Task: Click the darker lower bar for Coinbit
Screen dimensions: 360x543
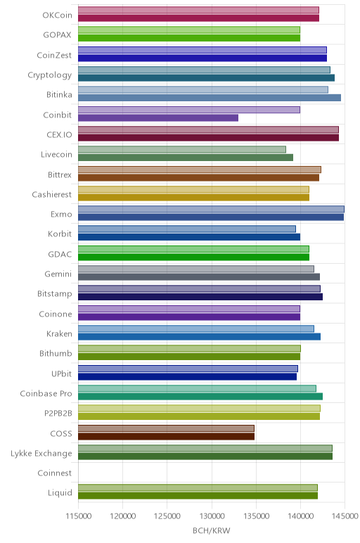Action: coord(158,117)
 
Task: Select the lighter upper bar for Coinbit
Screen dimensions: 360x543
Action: coord(189,110)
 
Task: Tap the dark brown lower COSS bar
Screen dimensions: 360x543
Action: coord(166,436)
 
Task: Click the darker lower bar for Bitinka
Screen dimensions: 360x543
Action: coord(210,98)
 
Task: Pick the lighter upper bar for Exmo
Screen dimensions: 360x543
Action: coord(211,209)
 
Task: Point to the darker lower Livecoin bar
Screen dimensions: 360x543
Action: coord(186,158)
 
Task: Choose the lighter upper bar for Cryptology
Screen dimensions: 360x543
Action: coord(204,70)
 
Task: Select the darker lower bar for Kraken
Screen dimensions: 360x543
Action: coord(200,337)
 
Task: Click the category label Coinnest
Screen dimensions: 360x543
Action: coord(55,473)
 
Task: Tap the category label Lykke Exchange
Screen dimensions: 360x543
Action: coord(41,453)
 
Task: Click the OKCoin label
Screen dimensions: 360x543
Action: coord(57,15)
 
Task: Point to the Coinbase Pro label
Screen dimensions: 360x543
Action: coord(46,394)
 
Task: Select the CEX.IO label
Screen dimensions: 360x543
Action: coord(59,135)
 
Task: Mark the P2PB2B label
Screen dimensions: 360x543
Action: coord(58,414)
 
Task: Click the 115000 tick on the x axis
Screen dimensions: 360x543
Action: coord(79,516)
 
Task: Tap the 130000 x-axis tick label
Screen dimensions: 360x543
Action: coord(212,516)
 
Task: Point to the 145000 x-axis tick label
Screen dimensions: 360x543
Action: coord(345,516)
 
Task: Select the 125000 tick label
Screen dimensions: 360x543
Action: coord(167,516)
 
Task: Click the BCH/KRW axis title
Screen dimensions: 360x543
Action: coord(211,530)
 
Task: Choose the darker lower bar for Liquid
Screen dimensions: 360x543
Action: coord(198,496)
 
